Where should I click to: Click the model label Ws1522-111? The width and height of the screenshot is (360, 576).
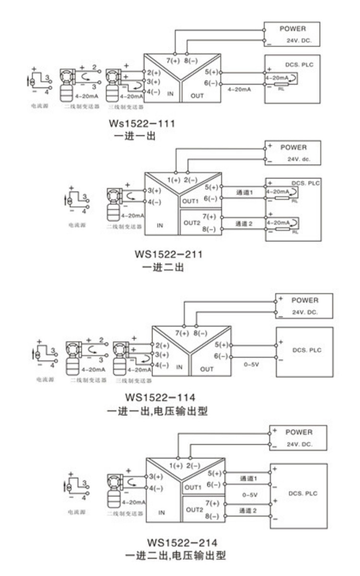[x=142, y=124]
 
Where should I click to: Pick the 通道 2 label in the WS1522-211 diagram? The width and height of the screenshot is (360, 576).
[x=244, y=224]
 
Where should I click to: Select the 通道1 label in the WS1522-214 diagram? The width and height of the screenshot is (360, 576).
[x=248, y=479]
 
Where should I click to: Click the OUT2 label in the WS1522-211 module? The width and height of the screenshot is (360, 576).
[x=192, y=223]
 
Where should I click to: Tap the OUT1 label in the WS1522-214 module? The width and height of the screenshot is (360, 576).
[x=193, y=488]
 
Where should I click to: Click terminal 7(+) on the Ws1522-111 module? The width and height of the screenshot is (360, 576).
[x=173, y=61]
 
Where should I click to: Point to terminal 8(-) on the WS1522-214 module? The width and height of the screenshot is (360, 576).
[x=212, y=516]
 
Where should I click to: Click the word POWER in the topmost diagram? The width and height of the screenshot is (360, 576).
[x=292, y=29]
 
